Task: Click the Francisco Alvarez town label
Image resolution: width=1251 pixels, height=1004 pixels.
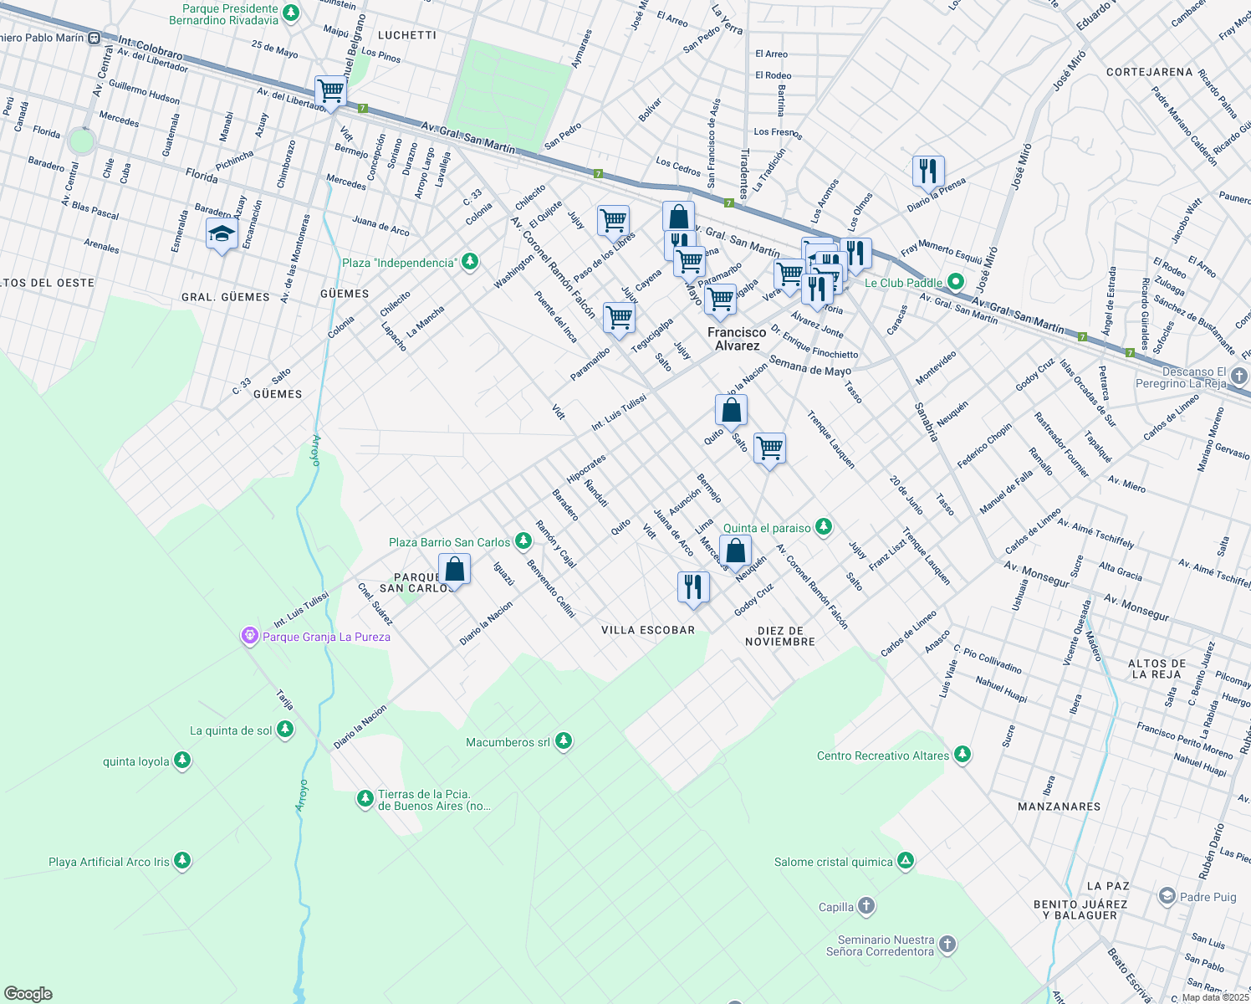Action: [x=737, y=339]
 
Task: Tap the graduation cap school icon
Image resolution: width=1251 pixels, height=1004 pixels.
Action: [x=222, y=234]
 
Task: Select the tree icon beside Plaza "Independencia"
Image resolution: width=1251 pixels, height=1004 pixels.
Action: [x=470, y=263]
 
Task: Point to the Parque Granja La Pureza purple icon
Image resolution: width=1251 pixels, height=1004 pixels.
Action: [x=249, y=637]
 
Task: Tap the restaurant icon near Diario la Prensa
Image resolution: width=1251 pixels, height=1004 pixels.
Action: [x=928, y=171]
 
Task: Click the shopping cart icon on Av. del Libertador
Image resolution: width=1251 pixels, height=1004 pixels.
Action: [x=330, y=91]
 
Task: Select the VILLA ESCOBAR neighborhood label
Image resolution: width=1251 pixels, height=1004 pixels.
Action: [x=648, y=630]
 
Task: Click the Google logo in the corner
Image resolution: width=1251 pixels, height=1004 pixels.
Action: [x=28, y=994]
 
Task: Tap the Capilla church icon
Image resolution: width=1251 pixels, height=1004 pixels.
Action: [x=866, y=907]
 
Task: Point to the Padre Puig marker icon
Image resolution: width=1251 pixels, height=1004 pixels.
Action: [x=1167, y=897]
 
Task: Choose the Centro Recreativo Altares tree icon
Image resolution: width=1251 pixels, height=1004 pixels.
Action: [x=963, y=756]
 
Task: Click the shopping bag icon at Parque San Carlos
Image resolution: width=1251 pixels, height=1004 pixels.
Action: [x=454, y=571]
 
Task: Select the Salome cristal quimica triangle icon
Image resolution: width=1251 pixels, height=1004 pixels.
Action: [x=906, y=862]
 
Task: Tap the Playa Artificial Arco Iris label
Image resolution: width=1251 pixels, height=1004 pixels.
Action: [x=109, y=862]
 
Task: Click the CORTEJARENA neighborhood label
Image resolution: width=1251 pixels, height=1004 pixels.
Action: [x=1149, y=72]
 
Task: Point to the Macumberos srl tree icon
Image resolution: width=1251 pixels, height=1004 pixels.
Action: [x=564, y=742]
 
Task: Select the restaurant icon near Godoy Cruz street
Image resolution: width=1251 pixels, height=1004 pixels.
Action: [x=692, y=587]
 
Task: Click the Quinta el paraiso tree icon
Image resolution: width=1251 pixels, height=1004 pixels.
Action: [x=824, y=528]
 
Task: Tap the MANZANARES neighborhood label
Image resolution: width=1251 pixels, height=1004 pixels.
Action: [x=1059, y=807]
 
